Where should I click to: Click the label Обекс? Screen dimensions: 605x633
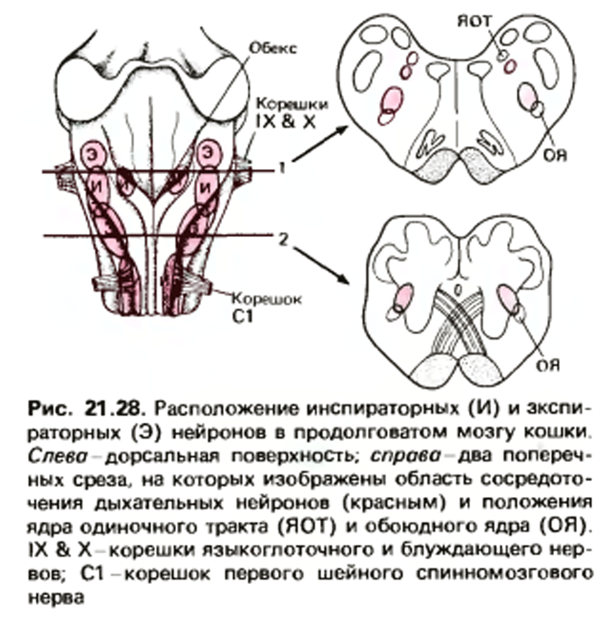[273, 48]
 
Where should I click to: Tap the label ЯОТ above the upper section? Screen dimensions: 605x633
[474, 21]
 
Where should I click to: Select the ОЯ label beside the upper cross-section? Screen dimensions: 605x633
[555, 155]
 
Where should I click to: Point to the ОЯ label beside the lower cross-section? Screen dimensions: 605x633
[548, 365]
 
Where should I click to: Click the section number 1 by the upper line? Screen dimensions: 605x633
[283, 167]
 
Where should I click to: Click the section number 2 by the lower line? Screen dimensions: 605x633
[283, 239]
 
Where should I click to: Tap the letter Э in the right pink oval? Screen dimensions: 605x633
[208, 153]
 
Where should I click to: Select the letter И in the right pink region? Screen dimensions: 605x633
[207, 187]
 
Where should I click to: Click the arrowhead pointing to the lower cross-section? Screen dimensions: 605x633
[343, 279]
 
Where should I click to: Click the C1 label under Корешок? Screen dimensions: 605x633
[243, 317]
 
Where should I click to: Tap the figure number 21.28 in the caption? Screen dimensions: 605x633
[114, 409]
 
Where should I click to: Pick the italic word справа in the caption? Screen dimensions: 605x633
[405, 456]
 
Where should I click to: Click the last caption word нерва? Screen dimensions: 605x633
[56, 598]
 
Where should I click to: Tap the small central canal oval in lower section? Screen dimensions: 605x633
[457, 289]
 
